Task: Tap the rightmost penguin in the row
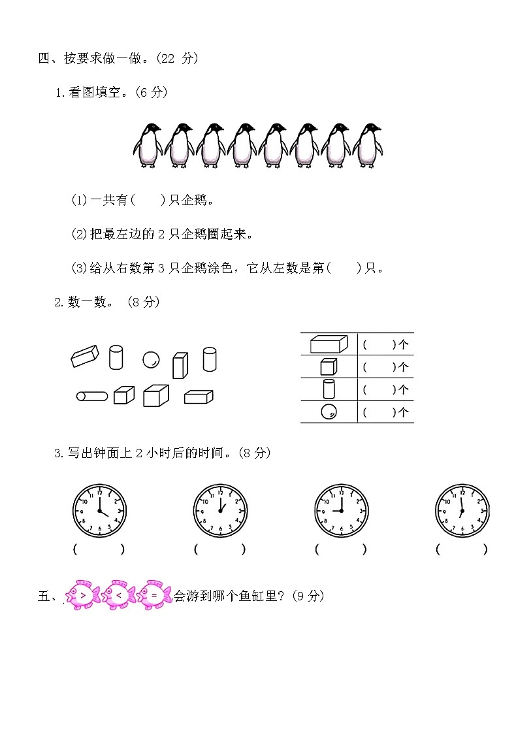coord(368,146)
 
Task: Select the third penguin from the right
coord(305,146)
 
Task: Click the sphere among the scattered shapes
coord(151,359)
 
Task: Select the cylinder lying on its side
coord(92,395)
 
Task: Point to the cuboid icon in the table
coord(329,344)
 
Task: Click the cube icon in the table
coord(329,366)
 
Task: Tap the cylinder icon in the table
coord(329,389)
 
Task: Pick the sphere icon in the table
coord(329,412)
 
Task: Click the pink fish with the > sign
coord(82,594)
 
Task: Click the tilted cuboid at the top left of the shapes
coord(84,356)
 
